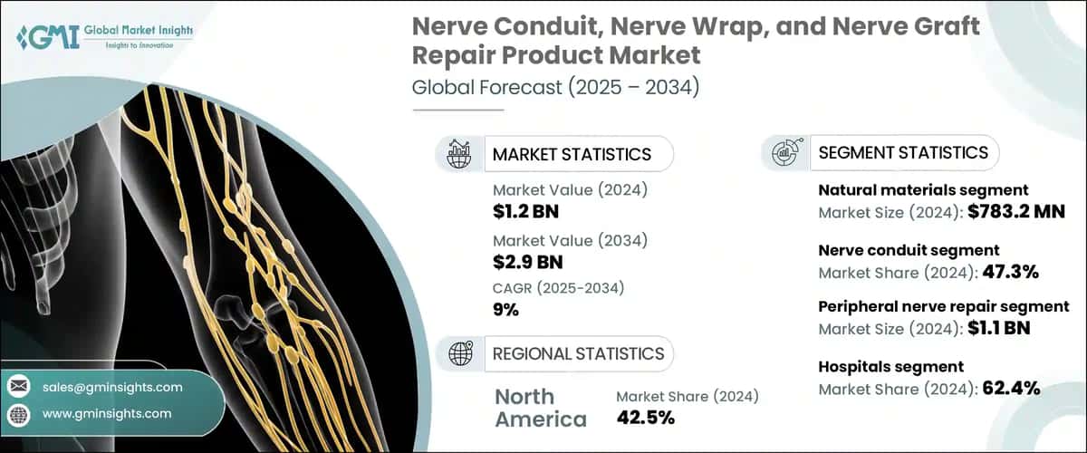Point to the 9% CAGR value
pos(506,310)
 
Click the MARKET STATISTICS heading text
pos(572,154)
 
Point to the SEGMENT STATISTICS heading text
pos(903,152)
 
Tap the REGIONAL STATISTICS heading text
pos(578,353)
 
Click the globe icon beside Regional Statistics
pos(459,353)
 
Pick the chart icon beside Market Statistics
pos(459,154)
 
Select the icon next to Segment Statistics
pos(784,152)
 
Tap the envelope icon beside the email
pos(18,387)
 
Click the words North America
pos(541,408)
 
